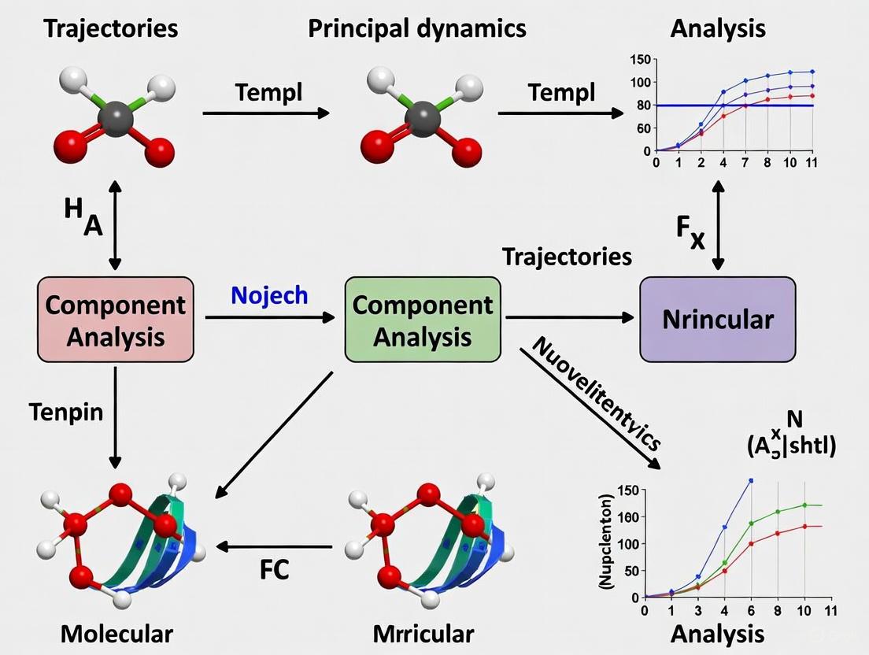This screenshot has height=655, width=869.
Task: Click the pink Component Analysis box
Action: click(116, 319)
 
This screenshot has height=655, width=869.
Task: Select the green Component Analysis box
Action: click(422, 319)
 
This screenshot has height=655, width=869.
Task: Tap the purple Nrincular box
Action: click(717, 320)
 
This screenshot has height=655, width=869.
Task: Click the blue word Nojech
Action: click(270, 295)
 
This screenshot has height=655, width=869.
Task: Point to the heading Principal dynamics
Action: click(416, 29)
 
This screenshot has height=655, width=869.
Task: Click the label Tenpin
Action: click(65, 411)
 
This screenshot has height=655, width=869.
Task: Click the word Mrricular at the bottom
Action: click(423, 634)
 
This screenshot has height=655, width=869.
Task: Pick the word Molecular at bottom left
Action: click(116, 634)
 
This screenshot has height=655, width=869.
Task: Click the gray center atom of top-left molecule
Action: click(116, 123)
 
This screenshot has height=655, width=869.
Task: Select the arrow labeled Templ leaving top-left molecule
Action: click(265, 113)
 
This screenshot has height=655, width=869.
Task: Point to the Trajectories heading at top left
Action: click(111, 29)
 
